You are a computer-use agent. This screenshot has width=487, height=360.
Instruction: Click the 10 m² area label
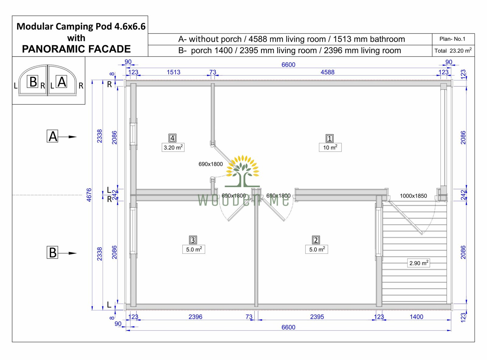pos(330,148)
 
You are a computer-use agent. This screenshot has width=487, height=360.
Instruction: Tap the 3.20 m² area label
pos(173,148)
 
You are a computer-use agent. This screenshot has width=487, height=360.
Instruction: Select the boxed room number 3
pos(193,240)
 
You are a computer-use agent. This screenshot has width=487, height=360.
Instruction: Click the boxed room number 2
pos(316,240)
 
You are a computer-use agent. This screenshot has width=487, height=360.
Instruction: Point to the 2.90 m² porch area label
pos(419,263)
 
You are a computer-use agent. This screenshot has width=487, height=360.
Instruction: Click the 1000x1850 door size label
pos(413,196)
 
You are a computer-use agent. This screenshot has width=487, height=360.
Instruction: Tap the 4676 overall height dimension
pos(89,195)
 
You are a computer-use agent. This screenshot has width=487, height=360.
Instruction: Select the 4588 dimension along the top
pos(327,72)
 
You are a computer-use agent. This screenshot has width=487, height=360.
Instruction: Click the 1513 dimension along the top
pos(173,72)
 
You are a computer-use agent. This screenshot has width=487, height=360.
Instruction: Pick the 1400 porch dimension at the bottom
pos(416,317)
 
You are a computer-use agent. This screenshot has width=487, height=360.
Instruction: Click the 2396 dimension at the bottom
pos(195,317)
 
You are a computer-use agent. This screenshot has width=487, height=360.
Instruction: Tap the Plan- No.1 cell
pos(452,39)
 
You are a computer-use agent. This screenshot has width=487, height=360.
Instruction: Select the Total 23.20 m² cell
pos(453,51)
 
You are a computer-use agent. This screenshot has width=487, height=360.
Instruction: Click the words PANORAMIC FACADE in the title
pos(76,49)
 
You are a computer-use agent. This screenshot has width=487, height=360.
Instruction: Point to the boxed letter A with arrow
pos(53,136)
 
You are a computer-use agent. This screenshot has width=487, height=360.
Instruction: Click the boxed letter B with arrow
pos(53,253)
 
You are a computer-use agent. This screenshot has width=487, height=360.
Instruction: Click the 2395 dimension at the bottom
pos(317,317)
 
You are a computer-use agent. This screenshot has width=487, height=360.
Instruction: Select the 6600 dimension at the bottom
pos(288,327)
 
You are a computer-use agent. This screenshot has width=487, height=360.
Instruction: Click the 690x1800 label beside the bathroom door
pos(211,164)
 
